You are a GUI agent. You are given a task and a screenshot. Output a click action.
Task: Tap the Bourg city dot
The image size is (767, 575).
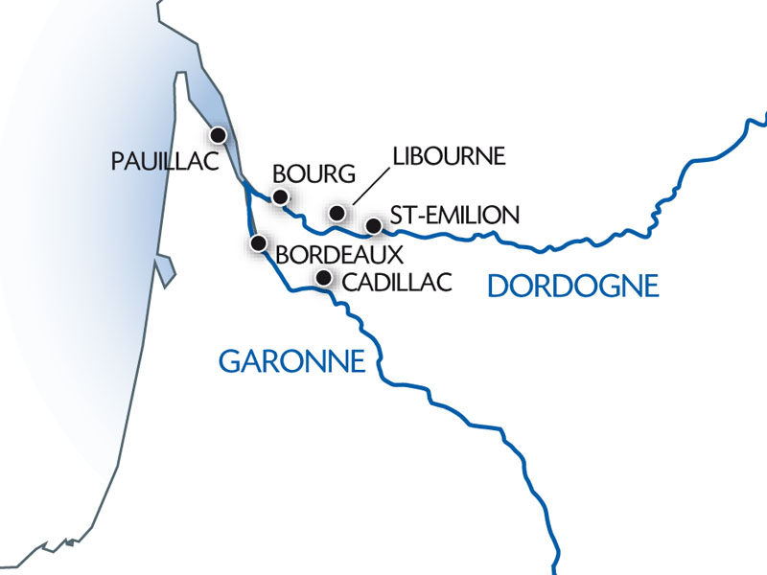[280, 197]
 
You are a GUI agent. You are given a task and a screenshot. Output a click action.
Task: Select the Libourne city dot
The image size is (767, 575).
[336, 212]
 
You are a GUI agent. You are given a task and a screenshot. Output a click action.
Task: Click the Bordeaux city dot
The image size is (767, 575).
[258, 243]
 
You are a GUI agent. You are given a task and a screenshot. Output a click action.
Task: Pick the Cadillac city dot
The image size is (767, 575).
[323, 279]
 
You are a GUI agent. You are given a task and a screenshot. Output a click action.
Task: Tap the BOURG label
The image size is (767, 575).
[314, 173]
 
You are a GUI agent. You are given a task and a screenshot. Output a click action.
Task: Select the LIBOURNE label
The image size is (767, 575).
[447, 156]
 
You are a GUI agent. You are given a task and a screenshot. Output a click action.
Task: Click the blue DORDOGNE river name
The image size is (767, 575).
[573, 286]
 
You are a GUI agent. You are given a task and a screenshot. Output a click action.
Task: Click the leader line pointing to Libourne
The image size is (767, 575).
[370, 186]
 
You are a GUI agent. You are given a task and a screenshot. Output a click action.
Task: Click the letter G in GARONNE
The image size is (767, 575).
[230, 361]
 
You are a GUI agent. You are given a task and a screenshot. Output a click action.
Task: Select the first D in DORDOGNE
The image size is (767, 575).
[499, 286]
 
